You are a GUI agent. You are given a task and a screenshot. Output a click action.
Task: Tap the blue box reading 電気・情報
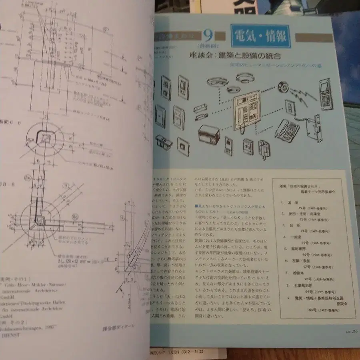pos(260,37)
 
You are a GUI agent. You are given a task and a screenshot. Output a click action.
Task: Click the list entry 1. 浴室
pos(291,203)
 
